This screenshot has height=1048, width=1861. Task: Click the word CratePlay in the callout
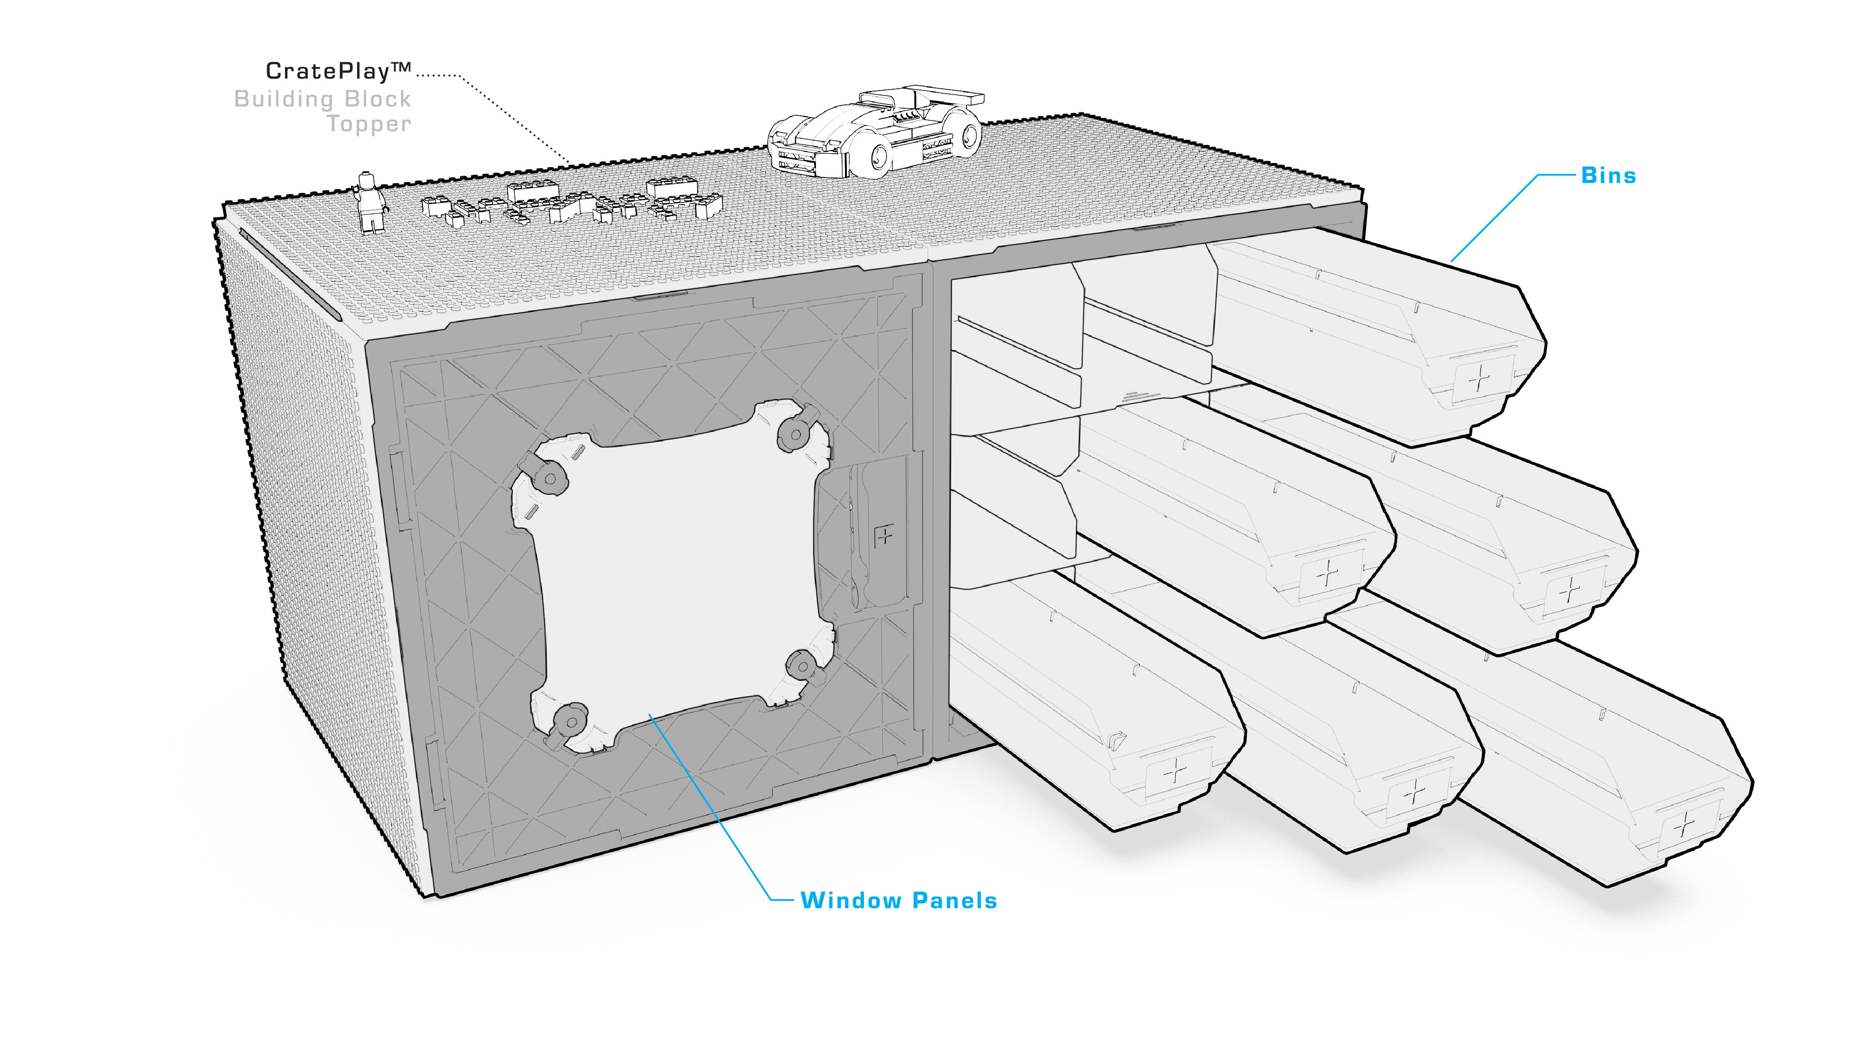point(327,71)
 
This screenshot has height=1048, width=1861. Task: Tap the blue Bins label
point(1608,176)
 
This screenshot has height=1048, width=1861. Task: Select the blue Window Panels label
point(899,900)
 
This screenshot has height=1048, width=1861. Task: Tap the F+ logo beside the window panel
point(883,536)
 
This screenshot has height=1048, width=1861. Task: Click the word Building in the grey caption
point(282,99)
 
